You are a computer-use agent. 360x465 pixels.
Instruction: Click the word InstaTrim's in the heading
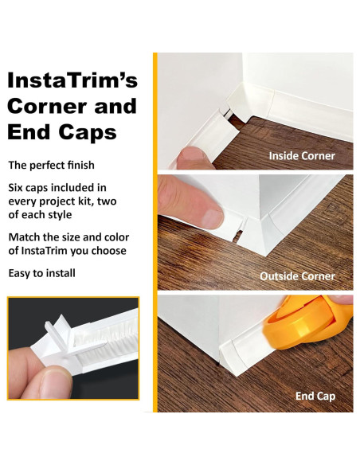point(72,80)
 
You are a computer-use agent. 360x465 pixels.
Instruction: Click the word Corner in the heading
point(42,106)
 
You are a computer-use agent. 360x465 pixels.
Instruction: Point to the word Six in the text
point(18,188)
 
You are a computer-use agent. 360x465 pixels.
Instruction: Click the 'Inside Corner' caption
point(302,155)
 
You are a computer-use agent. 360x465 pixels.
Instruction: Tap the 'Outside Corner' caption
point(297,276)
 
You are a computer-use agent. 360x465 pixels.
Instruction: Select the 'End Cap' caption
point(315,396)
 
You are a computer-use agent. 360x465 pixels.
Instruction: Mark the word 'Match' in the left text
point(26,237)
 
